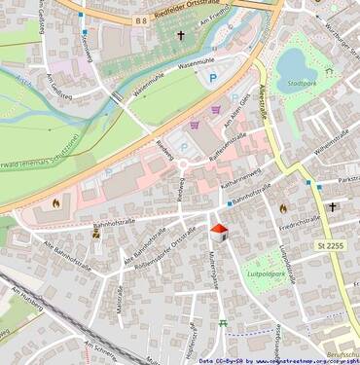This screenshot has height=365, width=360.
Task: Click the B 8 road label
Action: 141,19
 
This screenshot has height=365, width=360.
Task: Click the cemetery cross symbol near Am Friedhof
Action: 180,36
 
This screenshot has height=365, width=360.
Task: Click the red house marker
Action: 219,232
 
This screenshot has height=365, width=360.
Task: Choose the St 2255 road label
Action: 331,246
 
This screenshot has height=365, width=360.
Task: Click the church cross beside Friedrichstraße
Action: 332,206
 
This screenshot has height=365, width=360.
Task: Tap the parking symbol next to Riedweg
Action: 183,148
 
